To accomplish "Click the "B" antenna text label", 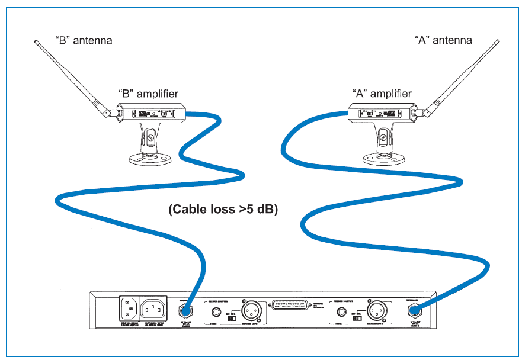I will [x=84, y=41].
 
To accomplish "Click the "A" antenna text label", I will [x=444, y=40].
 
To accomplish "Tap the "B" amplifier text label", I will [x=148, y=94].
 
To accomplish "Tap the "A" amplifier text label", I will [x=382, y=94].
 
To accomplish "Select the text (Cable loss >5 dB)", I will [x=223, y=209].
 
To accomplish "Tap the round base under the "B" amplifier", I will [x=152, y=157].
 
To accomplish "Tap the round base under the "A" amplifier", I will [x=385, y=157].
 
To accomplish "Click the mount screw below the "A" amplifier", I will [x=385, y=140].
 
